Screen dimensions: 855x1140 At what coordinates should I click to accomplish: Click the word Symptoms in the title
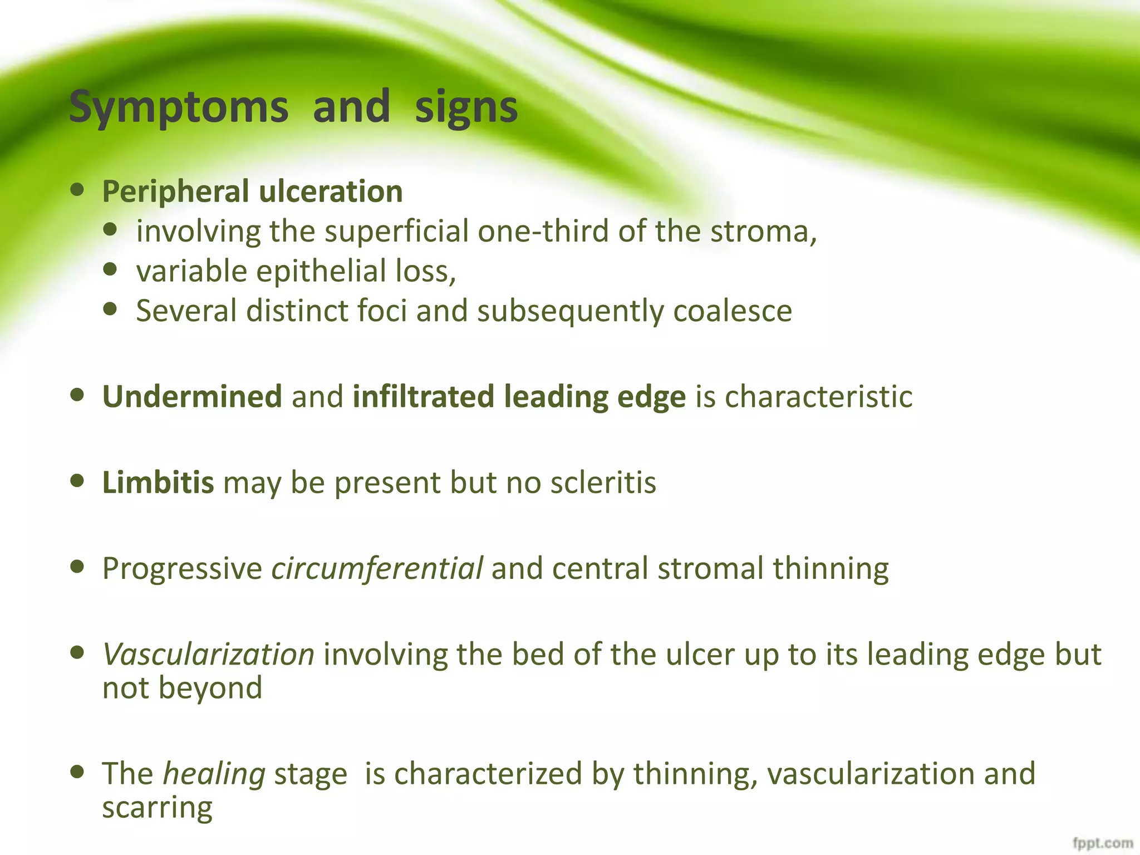[x=179, y=107]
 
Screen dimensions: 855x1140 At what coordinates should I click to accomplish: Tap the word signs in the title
[x=466, y=107]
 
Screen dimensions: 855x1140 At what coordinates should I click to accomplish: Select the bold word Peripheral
[x=175, y=192]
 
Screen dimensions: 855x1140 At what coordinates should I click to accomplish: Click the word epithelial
[x=321, y=271]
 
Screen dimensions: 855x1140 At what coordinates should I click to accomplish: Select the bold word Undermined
[x=192, y=396]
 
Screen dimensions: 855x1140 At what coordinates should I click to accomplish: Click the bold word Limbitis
[x=158, y=482]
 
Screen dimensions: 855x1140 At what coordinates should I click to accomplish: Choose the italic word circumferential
[x=377, y=568]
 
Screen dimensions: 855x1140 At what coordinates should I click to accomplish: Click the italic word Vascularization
[x=209, y=654]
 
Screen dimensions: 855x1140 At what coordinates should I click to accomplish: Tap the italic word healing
[x=214, y=774]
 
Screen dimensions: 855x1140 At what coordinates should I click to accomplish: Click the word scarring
[x=157, y=808]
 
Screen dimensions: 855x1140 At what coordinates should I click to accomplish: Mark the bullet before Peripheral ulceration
[x=77, y=190]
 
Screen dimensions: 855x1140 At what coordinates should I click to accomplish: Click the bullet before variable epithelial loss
[x=111, y=269]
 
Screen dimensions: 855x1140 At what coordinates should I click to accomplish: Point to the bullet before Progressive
[x=77, y=567]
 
